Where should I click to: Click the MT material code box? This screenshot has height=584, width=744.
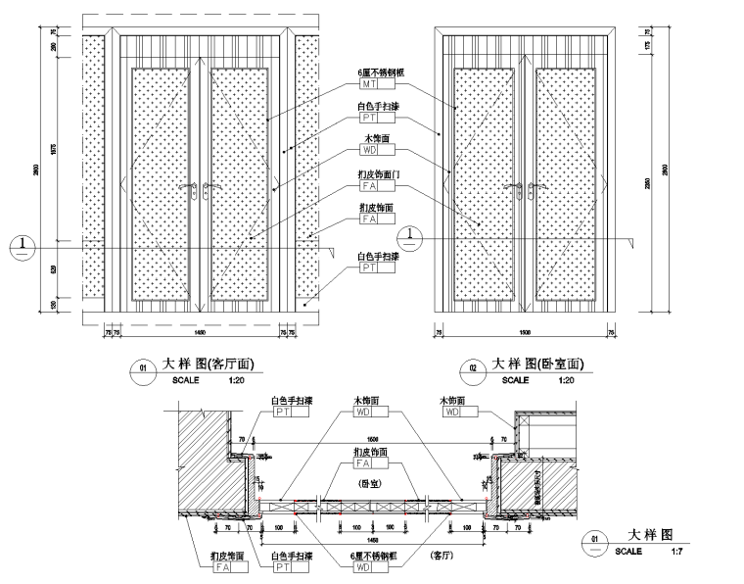point(368,85)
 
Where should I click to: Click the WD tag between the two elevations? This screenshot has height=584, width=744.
point(368,151)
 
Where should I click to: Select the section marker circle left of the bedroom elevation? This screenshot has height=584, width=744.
point(411,236)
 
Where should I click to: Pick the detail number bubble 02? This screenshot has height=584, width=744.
point(473,369)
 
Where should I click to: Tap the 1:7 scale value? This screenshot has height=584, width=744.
point(676,552)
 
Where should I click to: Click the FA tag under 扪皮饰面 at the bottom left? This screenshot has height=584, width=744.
point(221,566)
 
